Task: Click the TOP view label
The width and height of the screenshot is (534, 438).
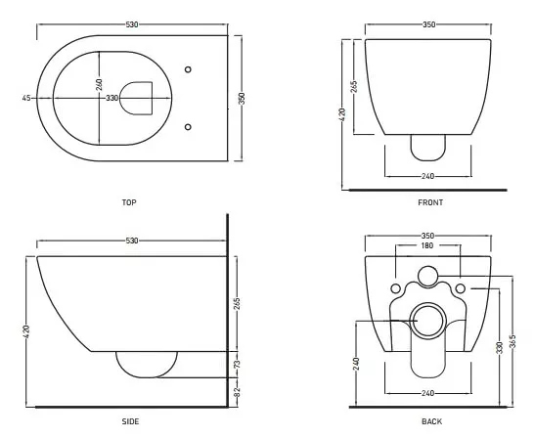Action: tap(129, 202)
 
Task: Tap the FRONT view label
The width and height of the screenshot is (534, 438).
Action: tap(430, 202)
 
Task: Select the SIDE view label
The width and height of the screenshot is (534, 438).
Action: tap(130, 421)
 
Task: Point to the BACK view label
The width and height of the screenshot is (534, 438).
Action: tap(432, 421)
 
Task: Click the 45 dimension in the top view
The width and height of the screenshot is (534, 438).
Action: tap(26, 98)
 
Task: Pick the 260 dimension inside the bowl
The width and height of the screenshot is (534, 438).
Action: tap(99, 85)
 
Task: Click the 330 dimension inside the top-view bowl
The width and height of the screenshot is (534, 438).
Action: tap(112, 98)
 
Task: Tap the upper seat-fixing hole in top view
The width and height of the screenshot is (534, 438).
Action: tap(188, 69)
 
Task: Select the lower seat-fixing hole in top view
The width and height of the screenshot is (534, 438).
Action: tap(188, 126)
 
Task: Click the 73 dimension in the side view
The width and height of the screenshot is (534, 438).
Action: tap(238, 364)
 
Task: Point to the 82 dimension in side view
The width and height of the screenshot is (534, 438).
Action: tap(238, 392)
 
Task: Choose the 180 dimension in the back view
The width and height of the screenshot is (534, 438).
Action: tap(427, 245)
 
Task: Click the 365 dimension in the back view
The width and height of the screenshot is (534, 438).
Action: tap(513, 341)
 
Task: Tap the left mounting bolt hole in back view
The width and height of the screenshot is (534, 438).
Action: tap(395, 288)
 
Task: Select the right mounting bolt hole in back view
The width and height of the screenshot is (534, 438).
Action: tap(460, 288)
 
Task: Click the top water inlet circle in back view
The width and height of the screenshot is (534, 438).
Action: tap(427, 276)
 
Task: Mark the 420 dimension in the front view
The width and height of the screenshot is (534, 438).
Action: tap(343, 114)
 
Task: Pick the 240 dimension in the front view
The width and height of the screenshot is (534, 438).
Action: tap(427, 176)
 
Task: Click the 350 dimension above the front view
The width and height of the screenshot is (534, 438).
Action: tap(428, 24)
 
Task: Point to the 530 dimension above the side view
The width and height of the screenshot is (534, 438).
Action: tap(132, 241)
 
